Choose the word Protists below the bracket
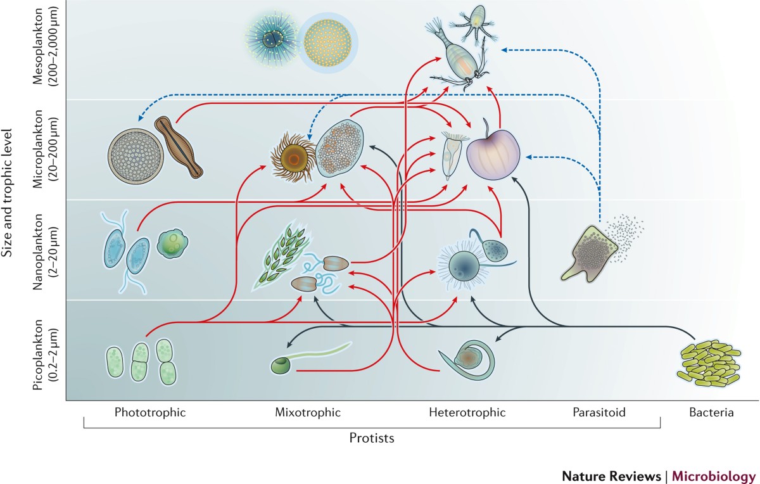click(x=372, y=438)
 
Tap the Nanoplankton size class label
click(x=48, y=250)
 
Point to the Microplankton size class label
click(x=48, y=150)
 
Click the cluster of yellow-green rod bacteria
click(x=708, y=364)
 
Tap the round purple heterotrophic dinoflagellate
click(x=493, y=149)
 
